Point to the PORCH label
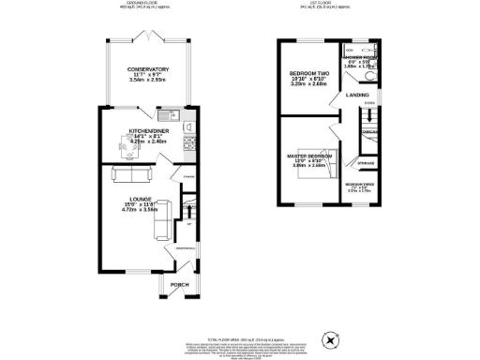pyautogui.click(x=180, y=285)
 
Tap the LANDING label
pyautogui.click(x=357, y=95)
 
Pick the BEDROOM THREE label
pyautogui.click(x=360, y=185)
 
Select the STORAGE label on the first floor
pyautogui.click(x=365, y=160)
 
